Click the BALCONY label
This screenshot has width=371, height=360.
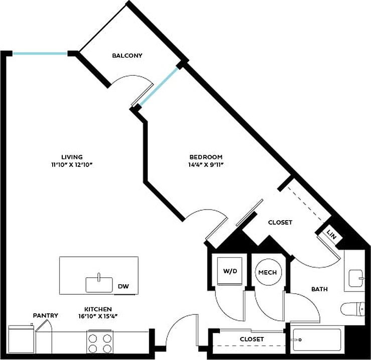point(127,56)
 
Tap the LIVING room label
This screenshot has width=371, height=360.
point(72,156)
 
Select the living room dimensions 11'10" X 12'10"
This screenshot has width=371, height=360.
point(72,164)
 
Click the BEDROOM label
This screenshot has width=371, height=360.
point(205,156)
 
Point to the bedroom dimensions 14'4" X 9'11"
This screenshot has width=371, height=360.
point(205,164)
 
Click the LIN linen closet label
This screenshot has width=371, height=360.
point(331,233)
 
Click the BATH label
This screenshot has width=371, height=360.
point(319,289)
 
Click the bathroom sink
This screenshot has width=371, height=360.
point(355,276)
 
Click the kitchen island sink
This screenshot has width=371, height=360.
point(99,283)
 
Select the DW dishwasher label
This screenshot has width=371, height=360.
point(123,286)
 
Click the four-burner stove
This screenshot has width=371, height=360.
point(100,343)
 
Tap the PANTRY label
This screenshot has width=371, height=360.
point(46,315)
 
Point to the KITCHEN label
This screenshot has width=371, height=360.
point(98,309)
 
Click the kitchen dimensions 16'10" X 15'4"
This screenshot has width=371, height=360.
point(98,316)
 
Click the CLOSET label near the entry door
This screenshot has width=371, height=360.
point(252,339)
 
